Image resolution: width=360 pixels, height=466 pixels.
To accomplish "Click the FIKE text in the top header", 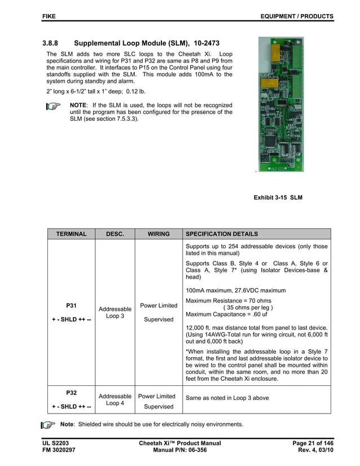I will pos(49,16).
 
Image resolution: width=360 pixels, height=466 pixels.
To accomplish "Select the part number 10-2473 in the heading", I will pos(207,43).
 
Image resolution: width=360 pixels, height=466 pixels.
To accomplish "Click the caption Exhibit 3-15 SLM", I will pos(278,197).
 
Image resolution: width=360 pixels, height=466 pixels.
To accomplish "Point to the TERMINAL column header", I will pos(71,234).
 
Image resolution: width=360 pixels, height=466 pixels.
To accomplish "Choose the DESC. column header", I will pos(115,234).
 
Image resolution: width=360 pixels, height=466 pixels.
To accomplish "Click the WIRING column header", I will pos(159,234).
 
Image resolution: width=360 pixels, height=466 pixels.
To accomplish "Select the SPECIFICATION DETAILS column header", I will pos(222,234).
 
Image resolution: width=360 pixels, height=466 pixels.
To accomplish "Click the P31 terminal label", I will pos(71,305).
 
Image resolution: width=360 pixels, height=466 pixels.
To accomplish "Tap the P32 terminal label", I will pos(71,392).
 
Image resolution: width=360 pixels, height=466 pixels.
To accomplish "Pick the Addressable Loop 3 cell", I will pos(115,313).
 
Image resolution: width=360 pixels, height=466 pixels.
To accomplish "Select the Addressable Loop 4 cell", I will pos(115,399).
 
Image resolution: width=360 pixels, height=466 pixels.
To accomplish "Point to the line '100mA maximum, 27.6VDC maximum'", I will pos(235,290).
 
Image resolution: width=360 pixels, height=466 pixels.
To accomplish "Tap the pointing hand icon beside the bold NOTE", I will pos(53,106).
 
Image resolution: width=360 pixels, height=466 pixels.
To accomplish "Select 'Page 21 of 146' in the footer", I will pos(313,443).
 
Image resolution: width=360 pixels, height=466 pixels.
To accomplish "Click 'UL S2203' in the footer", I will pos(55,443).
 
